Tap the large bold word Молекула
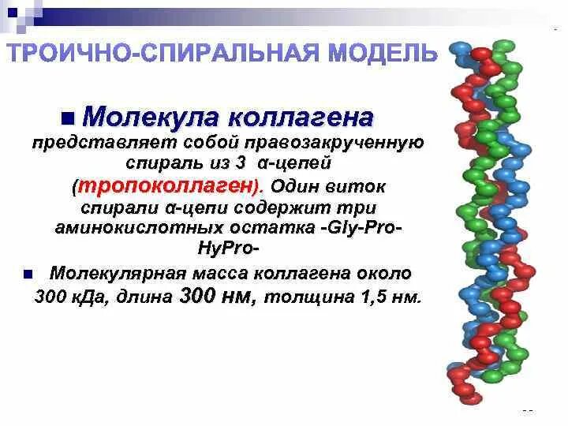coord(149,118)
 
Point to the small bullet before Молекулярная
coord(27,275)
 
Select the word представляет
coord(86,144)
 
